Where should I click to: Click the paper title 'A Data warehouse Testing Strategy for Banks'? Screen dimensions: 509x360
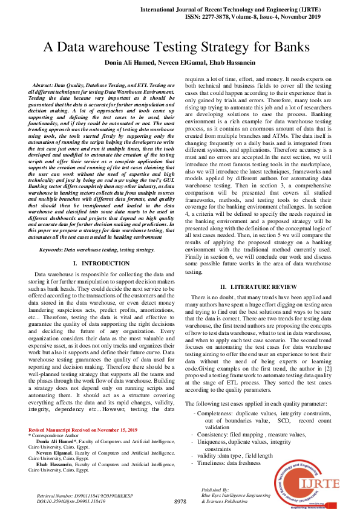pyautogui.click(x=180, y=48)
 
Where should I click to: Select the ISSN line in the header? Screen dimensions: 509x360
pyautogui.click(x=254, y=18)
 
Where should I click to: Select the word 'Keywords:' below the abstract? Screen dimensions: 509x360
pyautogui.click(x=51, y=249)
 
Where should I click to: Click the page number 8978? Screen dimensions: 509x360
pyautogui.click(x=180, y=501)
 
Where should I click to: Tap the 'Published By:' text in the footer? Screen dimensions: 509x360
pyautogui.click(x=215, y=489)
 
